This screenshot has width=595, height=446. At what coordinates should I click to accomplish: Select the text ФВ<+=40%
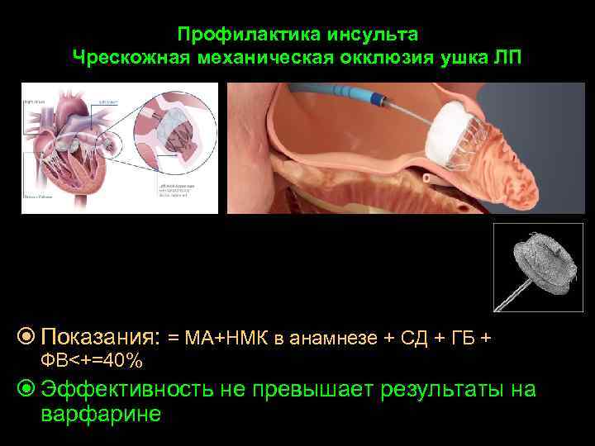91,361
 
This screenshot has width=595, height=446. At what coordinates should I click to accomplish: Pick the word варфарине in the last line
100,414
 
